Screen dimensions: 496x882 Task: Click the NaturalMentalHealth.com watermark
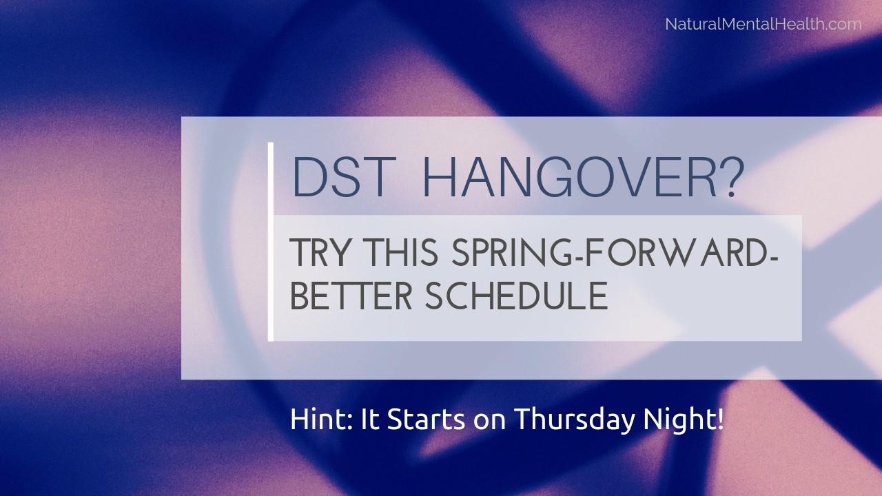tap(763, 24)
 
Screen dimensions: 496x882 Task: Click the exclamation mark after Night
tap(720, 420)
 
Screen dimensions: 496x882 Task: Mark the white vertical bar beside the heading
tap(271, 241)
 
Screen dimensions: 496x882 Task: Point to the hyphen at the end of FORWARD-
tap(773, 255)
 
